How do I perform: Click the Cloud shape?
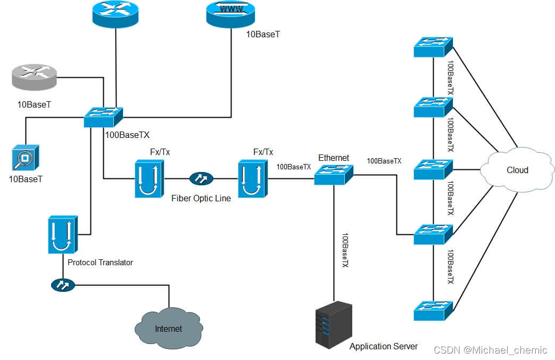tap(517, 170)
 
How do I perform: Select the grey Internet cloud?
tap(168, 328)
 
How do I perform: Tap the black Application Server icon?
tap(334, 325)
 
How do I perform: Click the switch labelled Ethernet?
tap(334, 174)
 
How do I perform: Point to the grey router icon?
tap(33, 77)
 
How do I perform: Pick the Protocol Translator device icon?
tap(63, 234)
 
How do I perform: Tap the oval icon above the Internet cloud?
tap(63, 285)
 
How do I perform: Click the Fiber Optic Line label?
tap(201, 198)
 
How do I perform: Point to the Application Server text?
tap(383, 347)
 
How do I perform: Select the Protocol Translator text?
tap(100, 262)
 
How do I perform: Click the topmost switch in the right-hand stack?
tap(433, 47)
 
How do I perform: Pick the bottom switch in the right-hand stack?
tap(433, 310)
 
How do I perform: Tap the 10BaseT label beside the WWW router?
tap(262, 35)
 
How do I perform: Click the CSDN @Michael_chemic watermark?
tap(490, 350)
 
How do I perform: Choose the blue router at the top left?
tap(115, 14)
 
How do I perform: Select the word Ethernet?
tap(334, 158)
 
